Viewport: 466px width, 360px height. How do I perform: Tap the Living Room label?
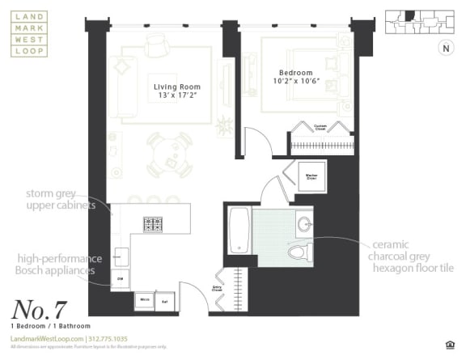177,87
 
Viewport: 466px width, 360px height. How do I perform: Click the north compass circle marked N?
444,48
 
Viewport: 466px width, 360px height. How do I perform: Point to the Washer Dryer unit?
311,176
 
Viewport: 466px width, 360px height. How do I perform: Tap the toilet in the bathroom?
299,252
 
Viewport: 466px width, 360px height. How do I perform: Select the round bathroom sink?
303,224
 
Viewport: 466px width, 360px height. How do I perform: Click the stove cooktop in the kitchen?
154,224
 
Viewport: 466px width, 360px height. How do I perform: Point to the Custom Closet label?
320,127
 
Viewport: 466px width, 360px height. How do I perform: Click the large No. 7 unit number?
40,308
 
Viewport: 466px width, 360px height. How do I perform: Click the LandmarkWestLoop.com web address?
47,339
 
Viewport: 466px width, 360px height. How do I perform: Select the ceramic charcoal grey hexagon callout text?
413,256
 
